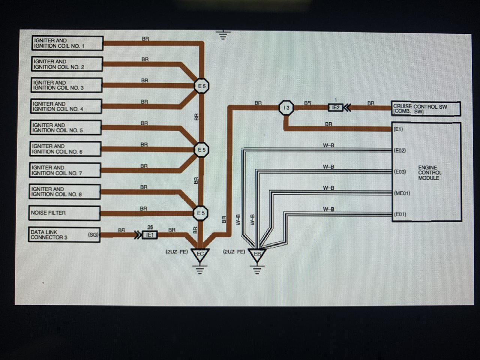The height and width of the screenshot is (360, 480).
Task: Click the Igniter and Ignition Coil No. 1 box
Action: click(x=67, y=43)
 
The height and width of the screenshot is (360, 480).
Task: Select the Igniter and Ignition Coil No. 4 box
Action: click(x=66, y=106)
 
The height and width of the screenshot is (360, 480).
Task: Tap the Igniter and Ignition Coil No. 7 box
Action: click(x=65, y=170)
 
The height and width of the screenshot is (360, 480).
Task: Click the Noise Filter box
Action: click(x=64, y=213)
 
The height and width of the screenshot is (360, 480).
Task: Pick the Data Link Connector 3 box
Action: click(x=64, y=234)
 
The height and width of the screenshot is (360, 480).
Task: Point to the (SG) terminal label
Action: click(x=93, y=234)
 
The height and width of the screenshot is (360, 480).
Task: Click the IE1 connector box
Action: click(x=150, y=235)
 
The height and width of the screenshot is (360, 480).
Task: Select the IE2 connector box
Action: click(x=336, y=108)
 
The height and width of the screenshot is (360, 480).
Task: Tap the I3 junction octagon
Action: click(x=286, y=108)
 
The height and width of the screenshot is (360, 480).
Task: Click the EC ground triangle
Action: click(x=200, y=255)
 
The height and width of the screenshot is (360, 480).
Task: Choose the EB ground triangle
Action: click(x=257, y=255)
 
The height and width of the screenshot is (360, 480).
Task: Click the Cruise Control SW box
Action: click(x=426, y=109)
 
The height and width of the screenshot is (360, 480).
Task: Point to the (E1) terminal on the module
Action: click(x=398, y=129)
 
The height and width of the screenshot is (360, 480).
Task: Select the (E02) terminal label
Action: click(x=400, y=150)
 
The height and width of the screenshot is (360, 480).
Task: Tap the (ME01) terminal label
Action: click(x=402, y=193)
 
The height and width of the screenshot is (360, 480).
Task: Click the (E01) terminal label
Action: click(x=400, y=214)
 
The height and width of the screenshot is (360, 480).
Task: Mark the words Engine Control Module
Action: click(x=430, y=172)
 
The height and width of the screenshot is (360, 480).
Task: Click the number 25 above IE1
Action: click(x=150, y=227)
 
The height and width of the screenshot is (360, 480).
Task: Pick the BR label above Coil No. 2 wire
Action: click(x=145, y=59)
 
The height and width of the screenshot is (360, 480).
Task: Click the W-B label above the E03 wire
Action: click(x=328, y=167)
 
